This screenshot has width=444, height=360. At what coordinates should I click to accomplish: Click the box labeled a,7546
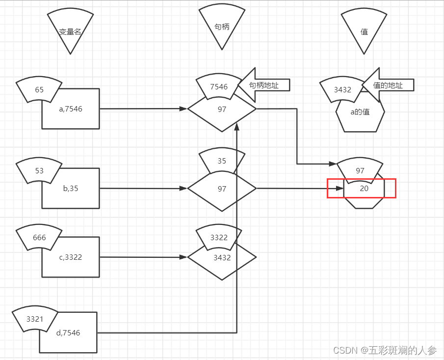[71, 109]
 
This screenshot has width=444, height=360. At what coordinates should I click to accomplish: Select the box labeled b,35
[71, 189]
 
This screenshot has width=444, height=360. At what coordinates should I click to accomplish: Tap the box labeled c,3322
[71, 257]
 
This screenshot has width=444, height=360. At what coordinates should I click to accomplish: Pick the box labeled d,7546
[68, 333]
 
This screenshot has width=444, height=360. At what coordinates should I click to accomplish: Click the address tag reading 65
[39, 90]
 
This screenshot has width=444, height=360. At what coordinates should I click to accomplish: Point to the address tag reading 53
[39, 171]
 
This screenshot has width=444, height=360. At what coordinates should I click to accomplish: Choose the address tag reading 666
[39, 238]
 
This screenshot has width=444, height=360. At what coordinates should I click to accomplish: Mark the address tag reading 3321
[35, 319]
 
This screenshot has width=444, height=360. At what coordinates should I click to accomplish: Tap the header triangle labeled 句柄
[222, 28]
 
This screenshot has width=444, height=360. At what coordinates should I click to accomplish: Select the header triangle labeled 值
[364, 31]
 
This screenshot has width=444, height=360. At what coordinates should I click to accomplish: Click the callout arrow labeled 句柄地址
[265, 85]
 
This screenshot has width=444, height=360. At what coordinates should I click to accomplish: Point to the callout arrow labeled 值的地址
[389, 85]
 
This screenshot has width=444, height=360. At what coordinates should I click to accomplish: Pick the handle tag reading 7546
[219, 86]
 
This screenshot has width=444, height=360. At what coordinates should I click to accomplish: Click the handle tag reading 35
[222, 161]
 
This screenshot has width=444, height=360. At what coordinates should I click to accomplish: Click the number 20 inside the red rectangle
[364, 188]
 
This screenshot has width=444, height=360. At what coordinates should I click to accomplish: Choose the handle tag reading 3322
[219, 237]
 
